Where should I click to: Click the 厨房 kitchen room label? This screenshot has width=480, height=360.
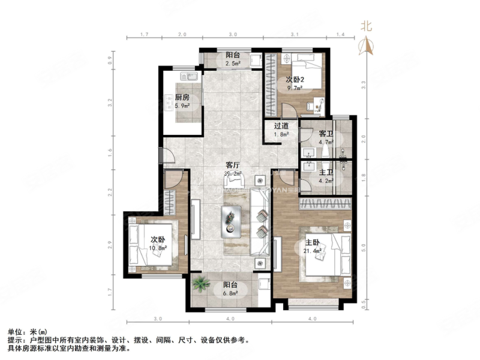pos(182,98)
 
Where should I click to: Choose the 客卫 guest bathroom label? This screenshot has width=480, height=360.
pos(326,133)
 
